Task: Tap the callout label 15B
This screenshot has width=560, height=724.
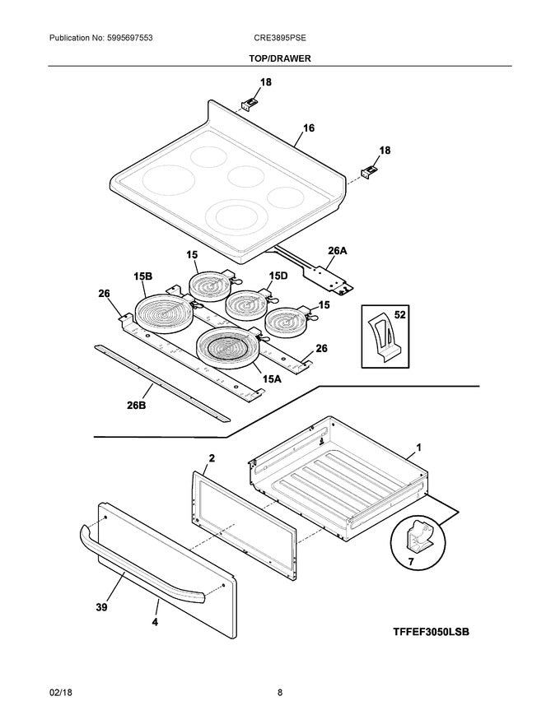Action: [x=142, y=277]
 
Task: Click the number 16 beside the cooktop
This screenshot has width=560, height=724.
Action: [x=309, y=128]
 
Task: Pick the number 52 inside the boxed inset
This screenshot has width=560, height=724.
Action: [x=400, y=315]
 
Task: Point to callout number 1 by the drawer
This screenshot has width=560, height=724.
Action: [x=418, y=448]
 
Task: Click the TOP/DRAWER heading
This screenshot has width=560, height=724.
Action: [x=280, y=58]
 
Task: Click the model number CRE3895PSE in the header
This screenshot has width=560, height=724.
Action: [x=280, y=39]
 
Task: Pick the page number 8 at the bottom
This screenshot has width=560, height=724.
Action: [x=280, y=693]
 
